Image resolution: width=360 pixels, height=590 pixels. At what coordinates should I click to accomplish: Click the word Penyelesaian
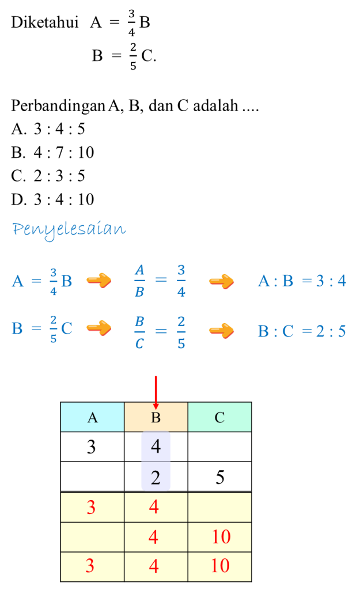pyautogui.click(x=69, y=229)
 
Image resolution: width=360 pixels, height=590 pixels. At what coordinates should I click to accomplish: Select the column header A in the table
pyautogui.click(x=92, y=417)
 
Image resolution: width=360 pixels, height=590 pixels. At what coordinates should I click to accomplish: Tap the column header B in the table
pyautogui.click(x=156, y=417)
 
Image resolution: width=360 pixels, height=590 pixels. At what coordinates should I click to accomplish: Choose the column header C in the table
pyautogui.click(x=219, y=417)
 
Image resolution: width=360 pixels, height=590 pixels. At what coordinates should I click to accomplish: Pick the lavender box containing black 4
pyautogui.click(x=156, y=447)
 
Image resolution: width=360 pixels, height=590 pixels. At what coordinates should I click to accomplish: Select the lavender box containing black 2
pyautogui.click(x=156, y=477)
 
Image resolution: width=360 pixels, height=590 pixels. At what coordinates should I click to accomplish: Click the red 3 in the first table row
pyautogui.click(x=91, y=508)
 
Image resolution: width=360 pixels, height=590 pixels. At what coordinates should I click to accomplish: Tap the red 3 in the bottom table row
pyautogui.click(x=90, y=566)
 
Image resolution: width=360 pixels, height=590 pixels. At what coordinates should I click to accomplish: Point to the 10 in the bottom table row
pyautogui.click(x=220, y=566)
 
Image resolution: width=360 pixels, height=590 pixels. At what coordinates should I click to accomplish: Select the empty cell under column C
pyautogui.click(x=219, y=508)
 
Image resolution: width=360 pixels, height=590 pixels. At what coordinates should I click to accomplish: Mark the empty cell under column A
pyautogui.click(x=92, y=537)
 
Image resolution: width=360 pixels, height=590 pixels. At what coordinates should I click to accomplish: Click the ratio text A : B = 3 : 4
pyautogui.click(x=302, y=281)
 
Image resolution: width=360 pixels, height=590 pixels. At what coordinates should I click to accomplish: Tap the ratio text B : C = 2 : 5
pyautogui.click(x=302, y=331)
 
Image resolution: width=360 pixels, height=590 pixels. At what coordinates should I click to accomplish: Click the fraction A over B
pyautogui.click(x=139, y=281)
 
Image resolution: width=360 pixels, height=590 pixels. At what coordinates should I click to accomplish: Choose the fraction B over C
pyautogui.click(x=139, y=331)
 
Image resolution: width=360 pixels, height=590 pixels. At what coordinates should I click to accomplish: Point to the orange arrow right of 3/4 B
pyautogui.click(x=98, y=281)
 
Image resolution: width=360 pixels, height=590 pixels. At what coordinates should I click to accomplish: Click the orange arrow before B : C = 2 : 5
pyautogui.click(x=221, y=331)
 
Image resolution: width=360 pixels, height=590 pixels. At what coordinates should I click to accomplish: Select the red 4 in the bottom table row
pyautogui.click(x=154, y=566)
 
